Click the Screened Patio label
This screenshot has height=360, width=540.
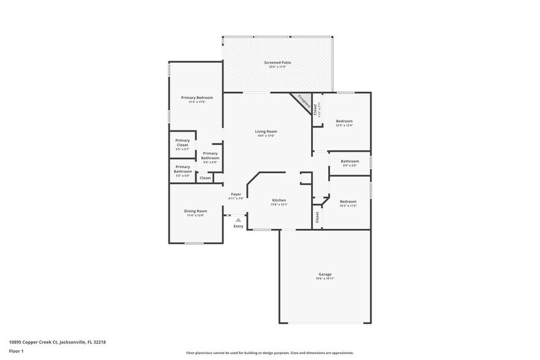tap(277, 62)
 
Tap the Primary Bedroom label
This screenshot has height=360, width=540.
tap(197, 98)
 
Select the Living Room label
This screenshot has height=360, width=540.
tap(266, 132)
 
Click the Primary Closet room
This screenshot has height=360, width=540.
tap(182, 144)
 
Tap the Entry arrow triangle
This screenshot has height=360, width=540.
tap(238, 220)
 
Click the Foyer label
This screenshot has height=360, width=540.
tap(236, 194)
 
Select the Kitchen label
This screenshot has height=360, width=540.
tap(279, 200)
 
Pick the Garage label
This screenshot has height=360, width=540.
tap(324, 274)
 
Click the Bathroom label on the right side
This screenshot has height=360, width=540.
tap(350, 161)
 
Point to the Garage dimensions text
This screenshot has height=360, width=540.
tap(324, 279)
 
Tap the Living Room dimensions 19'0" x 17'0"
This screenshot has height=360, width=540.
tap(266, 136)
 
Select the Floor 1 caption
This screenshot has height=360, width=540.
tap(17, 351)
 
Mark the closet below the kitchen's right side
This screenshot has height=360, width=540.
tap(317, 217)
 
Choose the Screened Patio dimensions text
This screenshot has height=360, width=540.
tap(277, 67)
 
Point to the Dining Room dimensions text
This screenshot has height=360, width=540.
tap(196, 216)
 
